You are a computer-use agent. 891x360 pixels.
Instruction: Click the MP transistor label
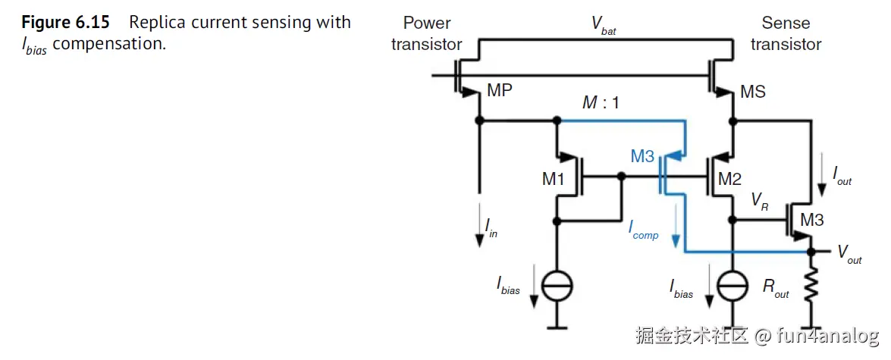500,91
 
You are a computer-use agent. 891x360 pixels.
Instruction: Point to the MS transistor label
752,92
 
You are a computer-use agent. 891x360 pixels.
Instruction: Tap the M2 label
729,180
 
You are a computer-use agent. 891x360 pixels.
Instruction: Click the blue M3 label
642,157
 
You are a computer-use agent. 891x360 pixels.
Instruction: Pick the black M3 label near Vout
811,221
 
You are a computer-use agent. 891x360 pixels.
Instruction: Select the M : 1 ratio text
601,102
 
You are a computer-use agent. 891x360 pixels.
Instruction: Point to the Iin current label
491,229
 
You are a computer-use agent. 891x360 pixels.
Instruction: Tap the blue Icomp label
643,232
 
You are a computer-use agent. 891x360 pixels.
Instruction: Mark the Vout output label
849,255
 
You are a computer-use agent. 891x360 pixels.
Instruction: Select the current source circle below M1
557,286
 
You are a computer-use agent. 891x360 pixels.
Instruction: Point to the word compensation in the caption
108,44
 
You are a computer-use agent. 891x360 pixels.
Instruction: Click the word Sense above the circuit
786,23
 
